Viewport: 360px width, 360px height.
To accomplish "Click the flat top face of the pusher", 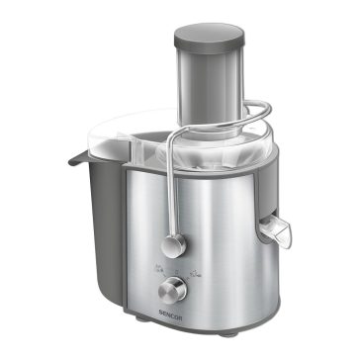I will [x=210, y=31].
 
